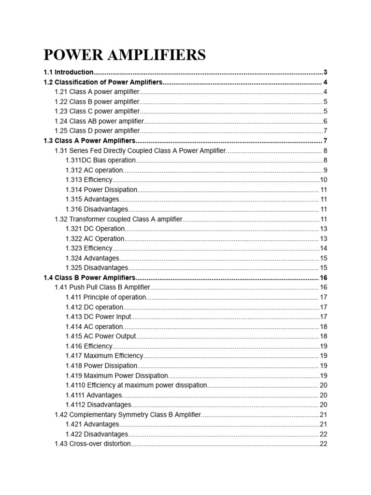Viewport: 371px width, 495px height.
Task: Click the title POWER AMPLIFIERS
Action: pos(125,55)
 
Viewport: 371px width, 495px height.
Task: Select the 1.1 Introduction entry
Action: pos(68,72)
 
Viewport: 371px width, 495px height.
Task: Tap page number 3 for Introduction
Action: pos(326,72)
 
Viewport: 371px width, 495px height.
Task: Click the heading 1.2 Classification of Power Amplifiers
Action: pos(103,82)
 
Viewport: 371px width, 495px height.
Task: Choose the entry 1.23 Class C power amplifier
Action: pos(97,111)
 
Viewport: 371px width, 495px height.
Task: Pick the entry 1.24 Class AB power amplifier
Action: pos(99,121)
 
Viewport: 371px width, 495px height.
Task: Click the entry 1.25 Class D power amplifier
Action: pos(97,131)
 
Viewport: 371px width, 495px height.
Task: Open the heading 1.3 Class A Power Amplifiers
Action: pos(89,141)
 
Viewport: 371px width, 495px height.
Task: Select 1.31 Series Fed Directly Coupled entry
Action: pos(140,151)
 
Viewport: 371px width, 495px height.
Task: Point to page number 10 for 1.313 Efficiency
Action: pos(324,180)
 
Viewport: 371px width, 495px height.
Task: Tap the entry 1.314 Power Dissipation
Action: pos(101,190)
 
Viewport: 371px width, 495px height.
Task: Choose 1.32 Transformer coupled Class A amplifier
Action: pos(119,219)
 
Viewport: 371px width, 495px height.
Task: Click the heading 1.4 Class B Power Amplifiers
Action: pos(89,277)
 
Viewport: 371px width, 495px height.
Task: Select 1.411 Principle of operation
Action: pos(105,297)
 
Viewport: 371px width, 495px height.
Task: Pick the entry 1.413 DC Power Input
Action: pos(98,317)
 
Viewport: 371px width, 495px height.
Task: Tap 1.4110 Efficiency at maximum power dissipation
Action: pos(136,385)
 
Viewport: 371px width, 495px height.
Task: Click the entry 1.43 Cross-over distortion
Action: pos(93,444)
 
